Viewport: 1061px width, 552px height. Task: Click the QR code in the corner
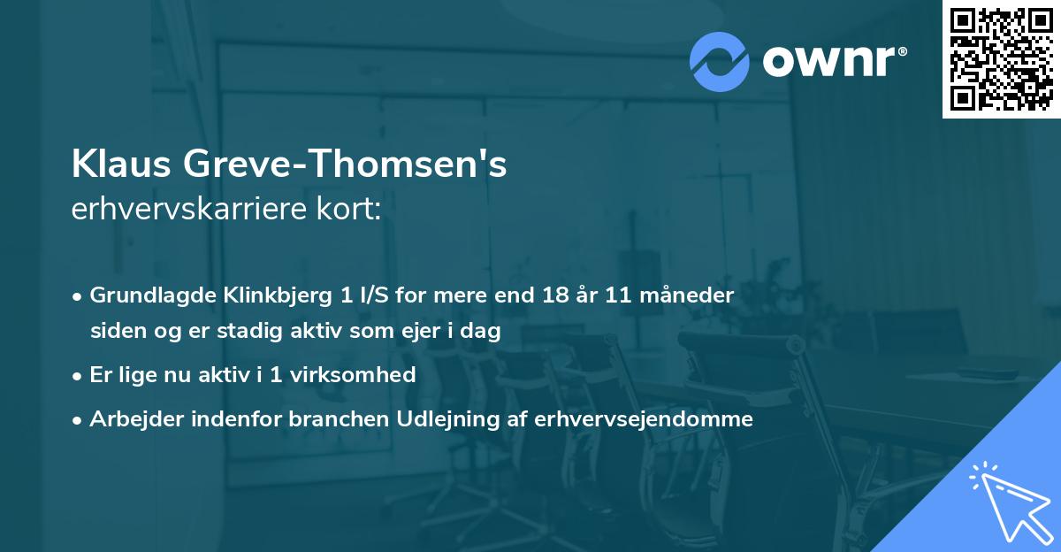pyautogui.click(x=1001, y=58)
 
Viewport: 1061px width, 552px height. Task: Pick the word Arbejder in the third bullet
pyautogui.click(x=131, y=419)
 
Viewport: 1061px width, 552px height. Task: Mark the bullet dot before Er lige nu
pyautogui.click(x=78, y=375)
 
